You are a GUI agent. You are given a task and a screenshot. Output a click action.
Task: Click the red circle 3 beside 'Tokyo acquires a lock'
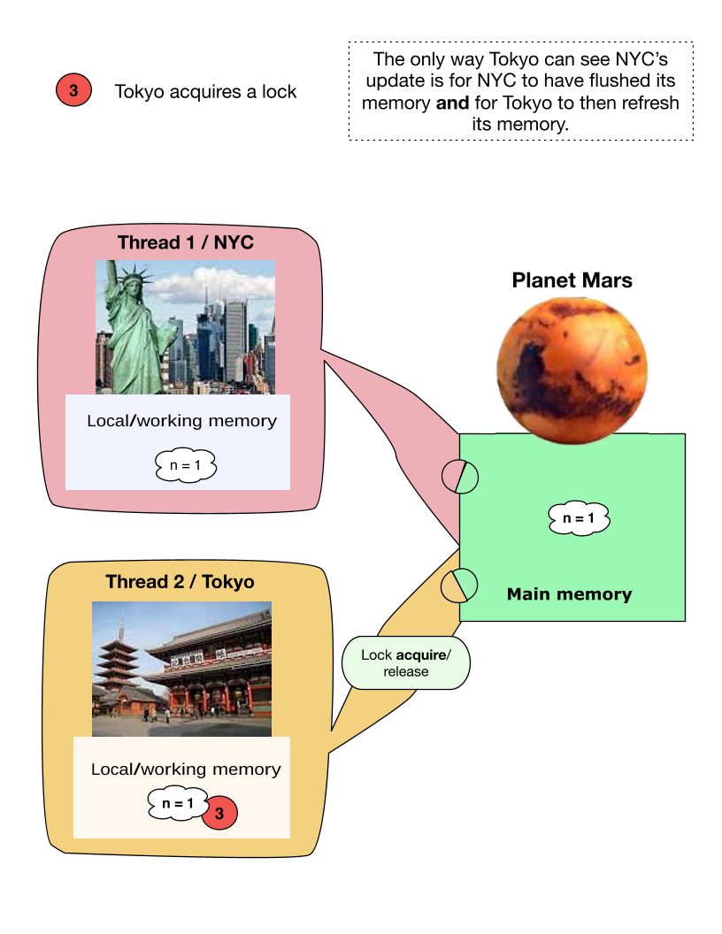[x=73, y=90]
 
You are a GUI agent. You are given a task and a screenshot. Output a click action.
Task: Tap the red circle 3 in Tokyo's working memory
[x=219, y=813]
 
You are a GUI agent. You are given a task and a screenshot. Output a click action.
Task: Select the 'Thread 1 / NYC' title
[x=185, y=242]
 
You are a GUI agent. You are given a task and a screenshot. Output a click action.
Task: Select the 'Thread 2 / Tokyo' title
[x=180, y=581]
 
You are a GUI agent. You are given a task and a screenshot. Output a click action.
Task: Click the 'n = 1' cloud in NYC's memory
[x=185, y=465]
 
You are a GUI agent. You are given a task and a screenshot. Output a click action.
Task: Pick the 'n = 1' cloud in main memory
[x=579, y=517]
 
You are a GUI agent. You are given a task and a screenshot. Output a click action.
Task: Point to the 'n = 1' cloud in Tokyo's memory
[x=178, y=803]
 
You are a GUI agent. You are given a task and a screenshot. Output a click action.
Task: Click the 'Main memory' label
[x=570, y=593]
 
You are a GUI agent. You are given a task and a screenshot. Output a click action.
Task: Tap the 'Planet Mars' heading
[x=572, y=280]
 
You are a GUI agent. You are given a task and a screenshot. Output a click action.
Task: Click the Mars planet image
[x=572, y=371]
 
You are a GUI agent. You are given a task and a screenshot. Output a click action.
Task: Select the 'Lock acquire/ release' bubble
[x=405, y=663]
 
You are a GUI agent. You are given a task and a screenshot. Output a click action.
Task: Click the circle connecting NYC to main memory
[x=460, y=477]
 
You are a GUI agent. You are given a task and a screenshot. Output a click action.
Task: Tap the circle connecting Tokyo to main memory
[x=459, y=585]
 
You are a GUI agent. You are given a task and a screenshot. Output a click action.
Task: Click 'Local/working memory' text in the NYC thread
[x=181, y=420]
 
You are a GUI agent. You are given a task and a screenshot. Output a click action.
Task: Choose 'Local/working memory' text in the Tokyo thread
[x=186, y=769]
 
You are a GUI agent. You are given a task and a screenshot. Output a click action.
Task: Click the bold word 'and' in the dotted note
[x=452, y=103]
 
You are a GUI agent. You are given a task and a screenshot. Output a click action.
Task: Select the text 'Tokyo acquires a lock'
[x=205, y=91]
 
